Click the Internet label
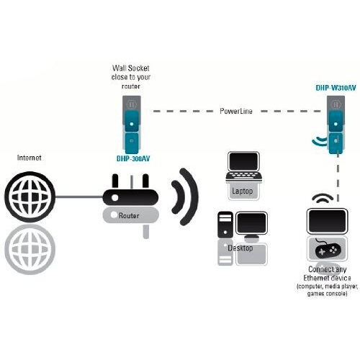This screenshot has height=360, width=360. (x=30, y=158)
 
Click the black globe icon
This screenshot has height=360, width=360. (x=30, y=197)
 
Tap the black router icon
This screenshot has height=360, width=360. (x=130, y=192)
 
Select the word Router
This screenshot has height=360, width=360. (x=129, y=215)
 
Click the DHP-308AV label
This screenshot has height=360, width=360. (x=133, y=158)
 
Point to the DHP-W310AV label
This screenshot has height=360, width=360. (x=336, y=88)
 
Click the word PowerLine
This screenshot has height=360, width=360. (x=236, y=111)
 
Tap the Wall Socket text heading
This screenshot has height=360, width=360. (x=131, y=68)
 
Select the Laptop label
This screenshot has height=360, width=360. (x=243, y=192)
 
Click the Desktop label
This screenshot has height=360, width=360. (x=240, y=248)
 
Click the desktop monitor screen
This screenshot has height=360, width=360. (x=251, y=223)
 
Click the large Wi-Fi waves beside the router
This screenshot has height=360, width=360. (x=185, y=197)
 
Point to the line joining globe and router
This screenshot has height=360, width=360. (x=79, y=197)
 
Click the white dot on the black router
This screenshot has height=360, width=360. (x=114, y=197)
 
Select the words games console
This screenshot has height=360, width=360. (x=327, y=294)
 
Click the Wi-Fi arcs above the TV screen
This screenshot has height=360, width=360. (x=323, y=197)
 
